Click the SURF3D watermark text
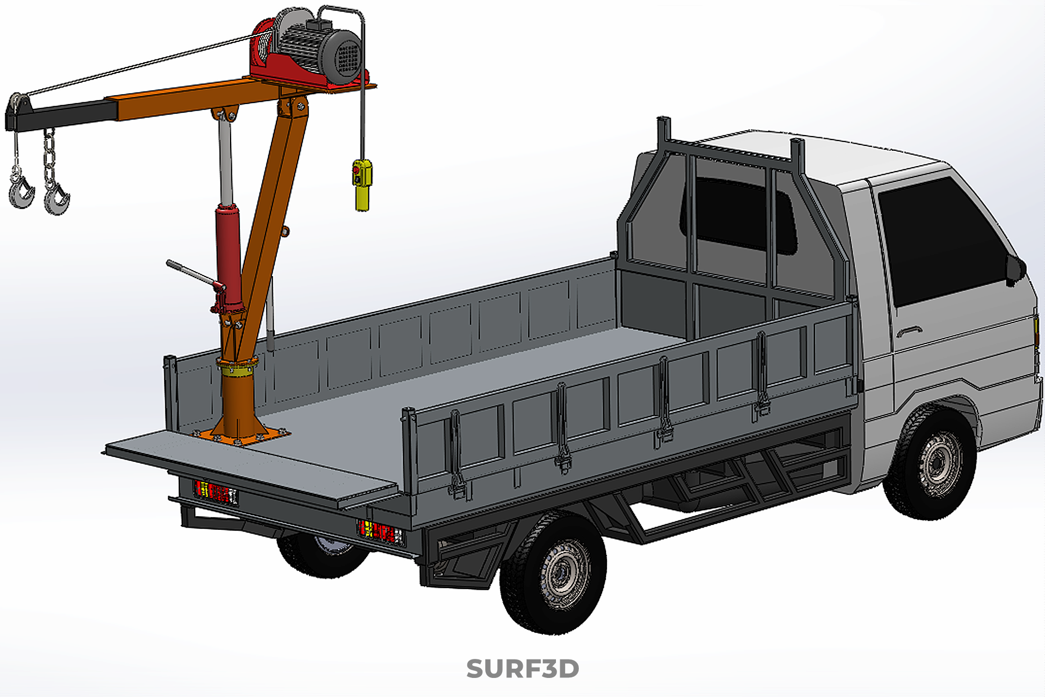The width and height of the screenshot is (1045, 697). pos(522,669)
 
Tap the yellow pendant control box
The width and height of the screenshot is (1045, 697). pos(362,184)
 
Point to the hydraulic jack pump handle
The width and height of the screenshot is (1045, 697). pos(193,274)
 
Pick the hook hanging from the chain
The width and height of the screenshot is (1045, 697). pos(56,199)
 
